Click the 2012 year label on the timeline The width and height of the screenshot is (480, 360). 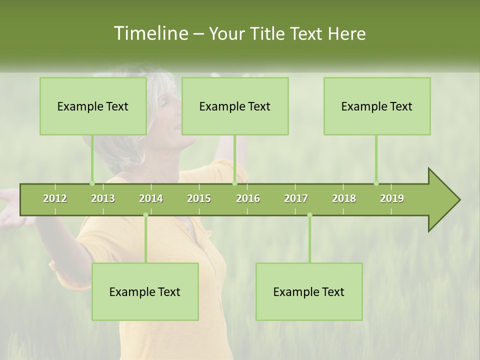(x=55, y=198)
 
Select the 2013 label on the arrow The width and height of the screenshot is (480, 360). (x=103, y=198)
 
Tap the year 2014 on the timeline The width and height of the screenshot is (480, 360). (x=151, y=198)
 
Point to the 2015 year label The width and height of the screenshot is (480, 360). (x=199, y=198)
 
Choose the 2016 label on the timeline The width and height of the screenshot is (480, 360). (x=248, y=198)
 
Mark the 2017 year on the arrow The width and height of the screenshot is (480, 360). (x=296, y=198)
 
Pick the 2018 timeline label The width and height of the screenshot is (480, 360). (x=344, y=198)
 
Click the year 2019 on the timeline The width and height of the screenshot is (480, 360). (x=392, y=198)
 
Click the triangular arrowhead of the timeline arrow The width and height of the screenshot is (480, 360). (x=443, y=200)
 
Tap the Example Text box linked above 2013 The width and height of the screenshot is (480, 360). (x=93, y=106)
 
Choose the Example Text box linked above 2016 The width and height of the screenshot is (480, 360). (x=235, y=106)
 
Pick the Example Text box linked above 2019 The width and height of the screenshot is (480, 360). (x=377, y=106)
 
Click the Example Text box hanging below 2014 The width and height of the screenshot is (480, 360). (x=145, y=291)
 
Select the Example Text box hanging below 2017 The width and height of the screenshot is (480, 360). (x=309, y=291)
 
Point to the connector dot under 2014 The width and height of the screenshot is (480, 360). (x=145, y=215)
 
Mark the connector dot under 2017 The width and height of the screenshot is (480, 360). (x=309, y=215)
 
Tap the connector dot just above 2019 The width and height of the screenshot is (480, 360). (x=376, y=183)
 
